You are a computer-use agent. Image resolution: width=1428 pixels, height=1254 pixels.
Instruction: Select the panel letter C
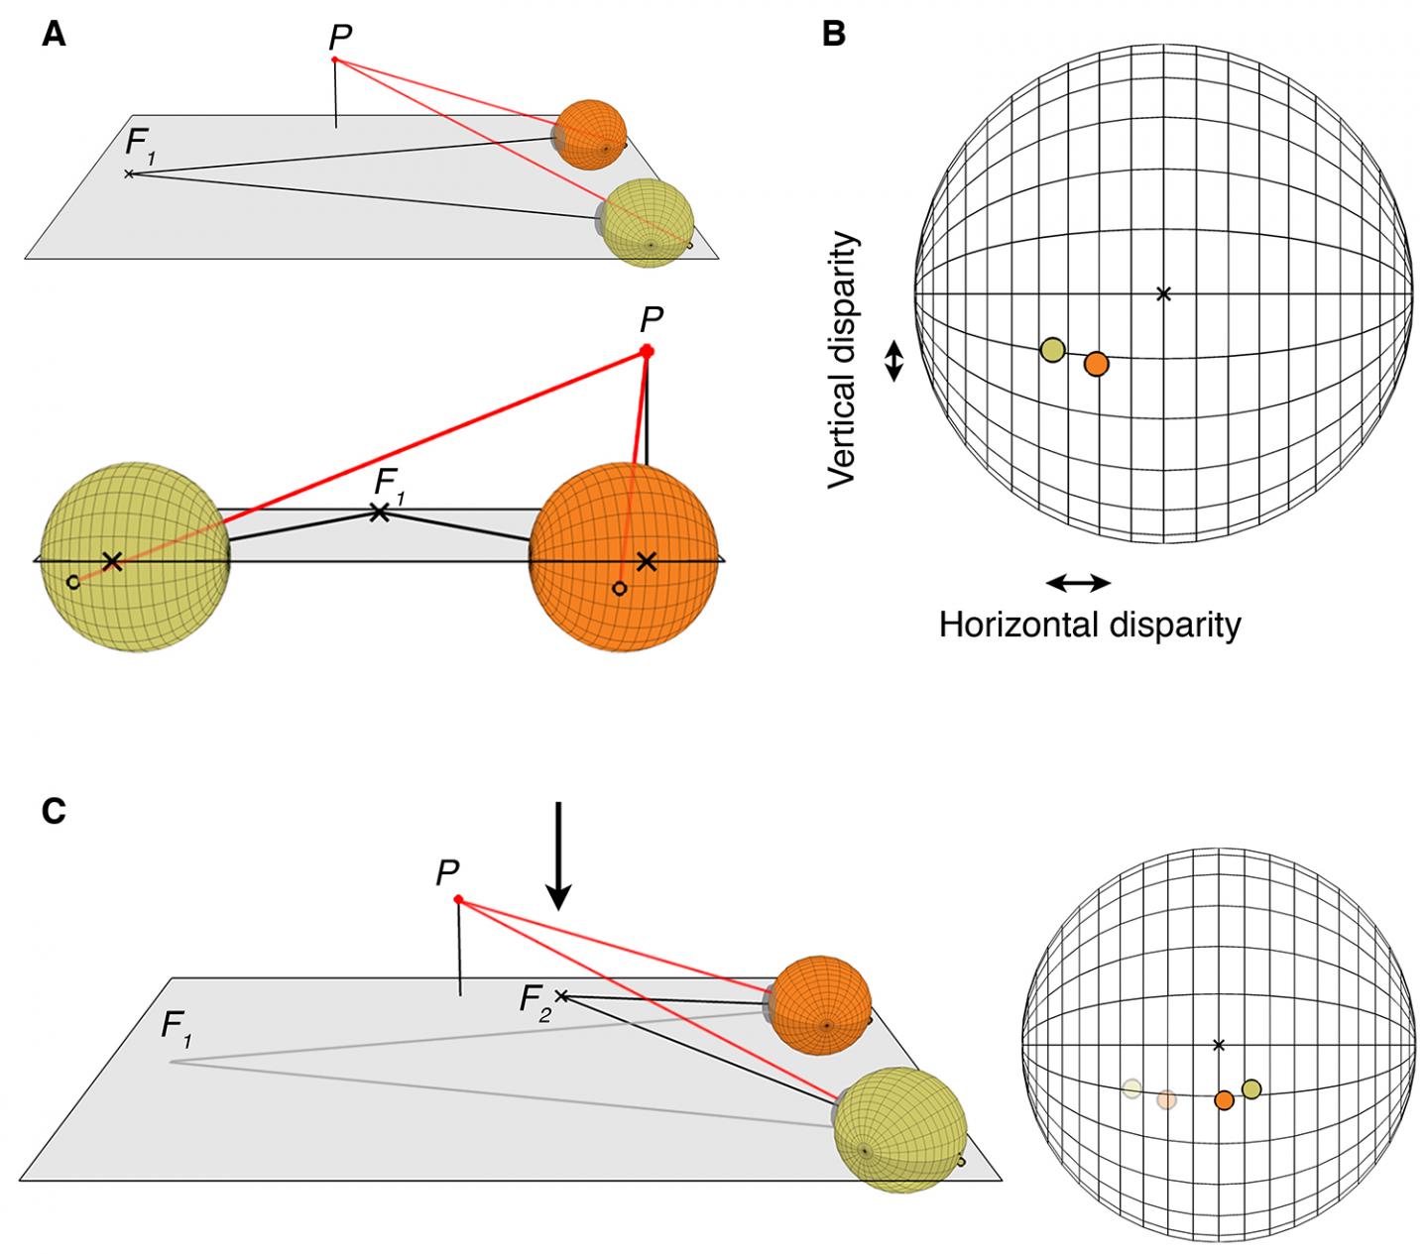click(x=55, y=811)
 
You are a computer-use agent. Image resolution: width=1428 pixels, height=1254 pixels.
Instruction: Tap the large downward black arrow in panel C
click(x=559, y=855)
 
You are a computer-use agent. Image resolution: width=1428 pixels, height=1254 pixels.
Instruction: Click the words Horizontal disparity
click(x=1089, y=626)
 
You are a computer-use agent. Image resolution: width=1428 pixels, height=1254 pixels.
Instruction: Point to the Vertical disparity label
click(x=843, y=360)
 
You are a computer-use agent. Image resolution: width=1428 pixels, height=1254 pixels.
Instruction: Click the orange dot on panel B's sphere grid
click(x=1096, y=364)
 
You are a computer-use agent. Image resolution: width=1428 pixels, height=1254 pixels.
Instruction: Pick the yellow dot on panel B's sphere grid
click(x=1052, y=349)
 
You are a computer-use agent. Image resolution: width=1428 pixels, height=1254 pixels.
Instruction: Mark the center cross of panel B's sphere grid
click(x=1164, y=293)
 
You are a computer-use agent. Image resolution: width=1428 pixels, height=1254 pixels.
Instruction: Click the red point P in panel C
click(x=458, y=899)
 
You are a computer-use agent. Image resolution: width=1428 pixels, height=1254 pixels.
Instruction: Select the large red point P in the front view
click(x=647, y=350)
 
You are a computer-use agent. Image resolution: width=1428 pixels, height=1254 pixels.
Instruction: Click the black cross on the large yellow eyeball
click(x=112, y=562)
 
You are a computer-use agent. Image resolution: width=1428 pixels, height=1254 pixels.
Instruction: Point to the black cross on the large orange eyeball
click(x=647, y=562)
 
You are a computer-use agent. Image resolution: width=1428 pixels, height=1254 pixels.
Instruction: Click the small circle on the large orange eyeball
click(x=620, y=589)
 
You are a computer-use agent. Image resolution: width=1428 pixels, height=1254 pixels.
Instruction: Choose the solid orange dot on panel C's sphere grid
click(x=1224, y=1099)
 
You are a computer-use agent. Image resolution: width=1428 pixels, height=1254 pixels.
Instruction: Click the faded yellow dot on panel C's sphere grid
click(x=1131, y=1089)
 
